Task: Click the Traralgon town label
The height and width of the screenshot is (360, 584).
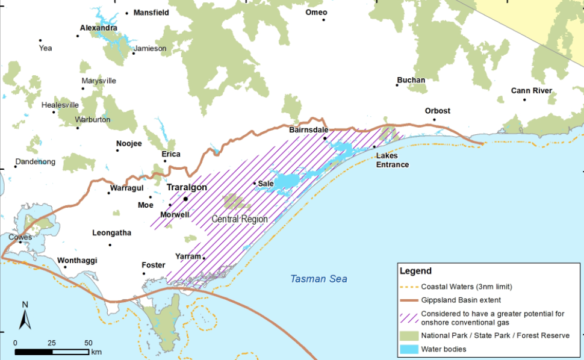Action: [187, 187]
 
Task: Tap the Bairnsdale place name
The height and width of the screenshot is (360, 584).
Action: [309, 129]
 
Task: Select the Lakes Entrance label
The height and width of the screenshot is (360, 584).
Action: [393, 160]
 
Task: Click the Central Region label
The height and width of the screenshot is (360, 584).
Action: [240, 219]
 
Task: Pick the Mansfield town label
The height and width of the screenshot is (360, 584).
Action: [151, 12]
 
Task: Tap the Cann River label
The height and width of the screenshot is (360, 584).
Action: [532, 91]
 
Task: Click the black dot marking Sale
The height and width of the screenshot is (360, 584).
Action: [254, 183]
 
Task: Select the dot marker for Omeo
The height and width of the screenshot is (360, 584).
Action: [323, 20]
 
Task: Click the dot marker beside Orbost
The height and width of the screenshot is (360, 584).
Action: [434, 119]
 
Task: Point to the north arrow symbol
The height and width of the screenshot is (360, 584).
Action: [25, 316]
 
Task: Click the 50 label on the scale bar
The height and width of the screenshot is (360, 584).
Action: [88, 343]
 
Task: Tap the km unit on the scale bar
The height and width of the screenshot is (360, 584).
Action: [97, 351]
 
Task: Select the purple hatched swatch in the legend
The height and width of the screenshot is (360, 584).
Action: [409, 317]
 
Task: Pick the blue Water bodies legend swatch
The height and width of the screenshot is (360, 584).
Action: [409, 349]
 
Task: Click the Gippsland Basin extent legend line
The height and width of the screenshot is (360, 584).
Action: [409, 300]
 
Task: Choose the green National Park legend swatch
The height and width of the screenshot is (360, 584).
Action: [409, 335]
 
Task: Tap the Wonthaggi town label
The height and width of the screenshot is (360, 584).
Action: [77, 261]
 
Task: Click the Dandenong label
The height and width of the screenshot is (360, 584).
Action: [35, 162]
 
